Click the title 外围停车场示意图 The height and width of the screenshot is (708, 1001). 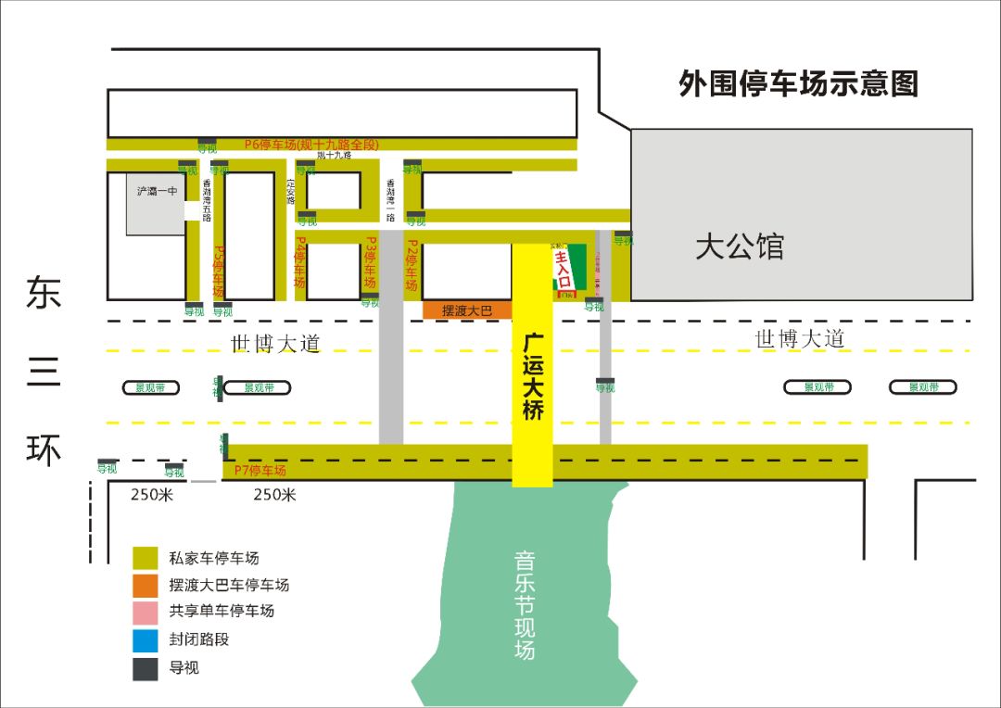click(x=798, y=84)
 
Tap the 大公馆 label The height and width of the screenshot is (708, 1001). click(x=740, y=247)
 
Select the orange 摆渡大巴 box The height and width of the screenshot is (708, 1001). click(x=467, y=310)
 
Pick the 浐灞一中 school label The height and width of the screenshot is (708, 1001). click(x=157, y=191)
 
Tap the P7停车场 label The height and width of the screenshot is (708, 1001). click(x=260, y=470)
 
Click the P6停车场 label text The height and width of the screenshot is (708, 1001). click(x=311, y=144)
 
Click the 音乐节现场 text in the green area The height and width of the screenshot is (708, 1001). click(x=525, y=605)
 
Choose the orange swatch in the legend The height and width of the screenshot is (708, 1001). click(x=145, y=585)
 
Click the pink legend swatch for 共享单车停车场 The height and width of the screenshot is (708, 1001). click(x=145, y=612)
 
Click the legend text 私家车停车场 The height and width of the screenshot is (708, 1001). click(x=213, y=558)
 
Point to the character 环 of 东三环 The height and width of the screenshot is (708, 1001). click(x=44, y=449)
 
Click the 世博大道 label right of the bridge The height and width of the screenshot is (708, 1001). click(x=800, y=339)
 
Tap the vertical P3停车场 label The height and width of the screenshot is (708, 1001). click(x=370, y=266)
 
